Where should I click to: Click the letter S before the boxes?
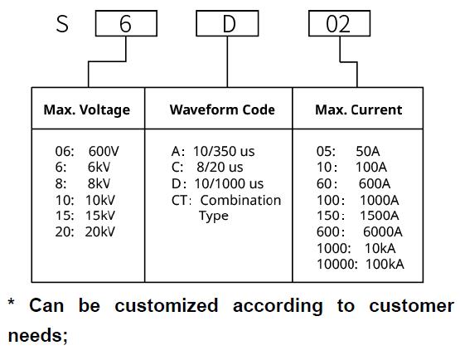click(62, 24)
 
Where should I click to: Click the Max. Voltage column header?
click(87, 110)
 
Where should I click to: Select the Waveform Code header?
click(222, 109)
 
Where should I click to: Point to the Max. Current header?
click(359, 109)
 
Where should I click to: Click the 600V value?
click(104, 152)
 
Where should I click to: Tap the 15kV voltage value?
click(100, 216)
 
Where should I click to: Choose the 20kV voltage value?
click(100, 231)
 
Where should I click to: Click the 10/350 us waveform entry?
click(224, 152)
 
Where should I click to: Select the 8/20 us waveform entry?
click(220, 168)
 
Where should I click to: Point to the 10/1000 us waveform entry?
click(229, 184)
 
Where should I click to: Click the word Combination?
click(240, 200)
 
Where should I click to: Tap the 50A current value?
click(368, 152)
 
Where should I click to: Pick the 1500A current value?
click(379, 216)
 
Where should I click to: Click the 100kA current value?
click(385, 264)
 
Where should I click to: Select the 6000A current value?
click(383, 231)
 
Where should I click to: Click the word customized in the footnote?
click(167, 305)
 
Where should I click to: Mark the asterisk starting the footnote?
click(11, 302)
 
